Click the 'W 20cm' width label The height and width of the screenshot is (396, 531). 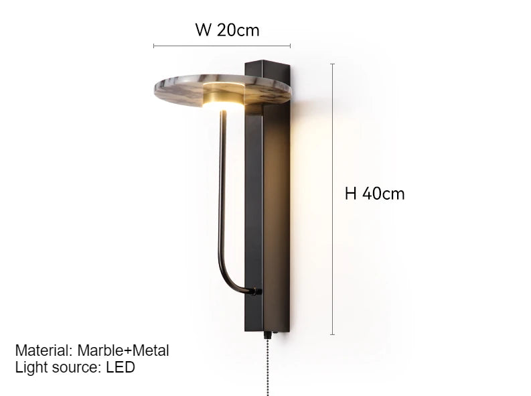(x=227, y=30)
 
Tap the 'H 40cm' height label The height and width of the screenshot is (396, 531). (x=374, y=194)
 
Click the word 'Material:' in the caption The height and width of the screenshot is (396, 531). (x=44, y=350)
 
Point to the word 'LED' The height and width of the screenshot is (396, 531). (x=121, y=367)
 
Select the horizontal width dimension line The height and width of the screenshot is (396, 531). (x=222, y=46)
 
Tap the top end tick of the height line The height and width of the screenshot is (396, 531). (x=333, y=64)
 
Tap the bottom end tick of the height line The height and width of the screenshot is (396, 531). (x=333, y=334)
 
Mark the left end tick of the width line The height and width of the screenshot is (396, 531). (x=154, y=46)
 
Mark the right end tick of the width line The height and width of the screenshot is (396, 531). (x=290, y=46)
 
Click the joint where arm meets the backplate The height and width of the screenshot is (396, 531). (x=256, y=291)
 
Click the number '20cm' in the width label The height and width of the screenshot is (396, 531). (x=238, y=30)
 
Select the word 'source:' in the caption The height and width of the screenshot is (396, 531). (x=76, y=367)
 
